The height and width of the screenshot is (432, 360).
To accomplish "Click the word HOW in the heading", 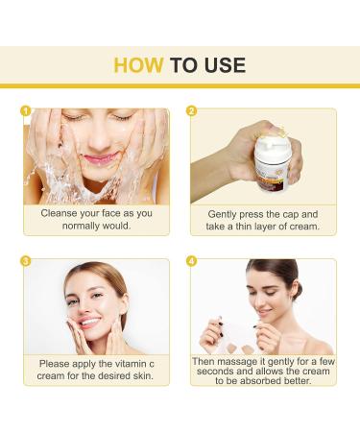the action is tap(138, 65).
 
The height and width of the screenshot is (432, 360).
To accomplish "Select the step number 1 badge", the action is tap(25, 111).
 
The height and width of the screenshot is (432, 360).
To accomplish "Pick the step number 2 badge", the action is tap(191, 111).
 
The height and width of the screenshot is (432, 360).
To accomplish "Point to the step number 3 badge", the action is tap(25, 261).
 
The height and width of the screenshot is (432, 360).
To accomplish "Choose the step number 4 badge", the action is tap(191, 261).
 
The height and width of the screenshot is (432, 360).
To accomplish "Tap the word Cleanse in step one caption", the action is tap(59, 213).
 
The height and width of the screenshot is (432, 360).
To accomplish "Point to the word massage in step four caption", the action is tap(234, 362).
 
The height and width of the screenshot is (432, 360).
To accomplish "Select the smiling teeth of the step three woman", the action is tap(89, 322).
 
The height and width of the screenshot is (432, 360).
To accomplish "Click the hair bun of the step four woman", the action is tap(297, 290).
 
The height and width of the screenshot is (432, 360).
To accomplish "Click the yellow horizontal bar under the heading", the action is tap(180, 85).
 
